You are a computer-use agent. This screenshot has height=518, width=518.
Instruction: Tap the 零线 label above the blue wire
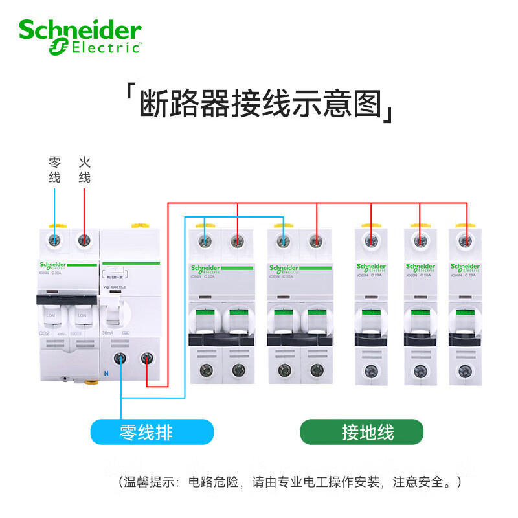pos(54,170)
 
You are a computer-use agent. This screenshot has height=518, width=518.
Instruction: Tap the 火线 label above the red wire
pos(84,170)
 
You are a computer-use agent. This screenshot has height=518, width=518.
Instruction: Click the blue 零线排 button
pos(152,431)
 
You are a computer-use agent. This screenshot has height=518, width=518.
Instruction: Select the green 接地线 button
pos(361,431)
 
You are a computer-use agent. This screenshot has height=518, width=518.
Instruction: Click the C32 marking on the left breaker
pos(44,332)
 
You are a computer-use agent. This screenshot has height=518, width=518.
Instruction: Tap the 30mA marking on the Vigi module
pos(107,332)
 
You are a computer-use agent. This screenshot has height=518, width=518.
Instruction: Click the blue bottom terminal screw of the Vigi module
pos(121,358)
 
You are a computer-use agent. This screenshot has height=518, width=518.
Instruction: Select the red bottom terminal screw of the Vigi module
pos(148,358)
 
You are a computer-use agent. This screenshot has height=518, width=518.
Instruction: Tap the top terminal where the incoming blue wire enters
pos(54,240)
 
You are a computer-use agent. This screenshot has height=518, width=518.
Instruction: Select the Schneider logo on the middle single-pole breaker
pos(420,267)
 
